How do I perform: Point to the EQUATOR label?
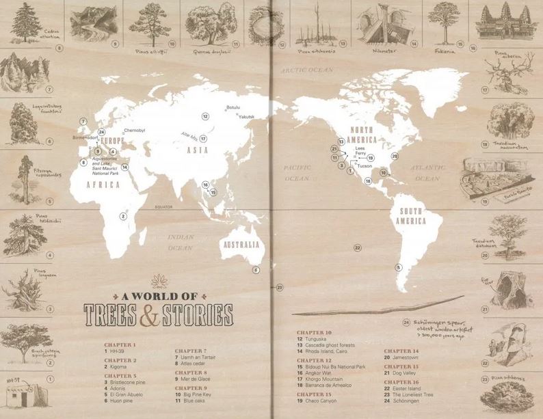[165, 205]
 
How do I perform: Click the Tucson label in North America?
[365, 165]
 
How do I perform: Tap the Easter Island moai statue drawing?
[507, 351]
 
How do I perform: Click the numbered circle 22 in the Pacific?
[356, 247]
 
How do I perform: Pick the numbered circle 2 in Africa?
[123, 216]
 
